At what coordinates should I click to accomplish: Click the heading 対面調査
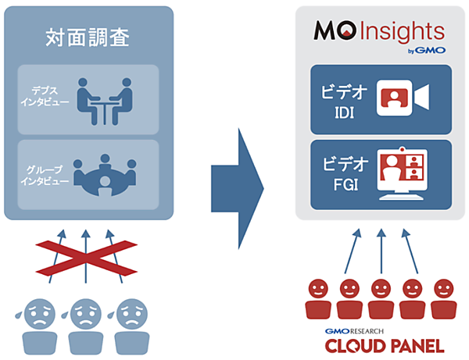click(88, 37)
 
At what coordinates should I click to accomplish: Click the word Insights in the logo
click(398, 32)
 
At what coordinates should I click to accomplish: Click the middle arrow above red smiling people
click(381, 250)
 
